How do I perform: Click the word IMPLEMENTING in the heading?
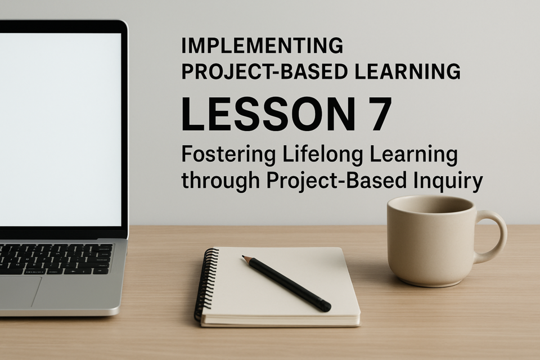click(262, 46)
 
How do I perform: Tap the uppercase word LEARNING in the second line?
click(407, 71)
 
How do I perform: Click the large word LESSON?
click(268, 114)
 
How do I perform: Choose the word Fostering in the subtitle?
click(228, 155)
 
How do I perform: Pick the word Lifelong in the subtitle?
click(322, 155)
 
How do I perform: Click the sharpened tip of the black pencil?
click(243, 256)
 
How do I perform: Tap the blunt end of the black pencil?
click(326, 306)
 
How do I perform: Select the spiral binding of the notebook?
click(206, 285)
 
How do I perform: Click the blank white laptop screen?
click(60, 129)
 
